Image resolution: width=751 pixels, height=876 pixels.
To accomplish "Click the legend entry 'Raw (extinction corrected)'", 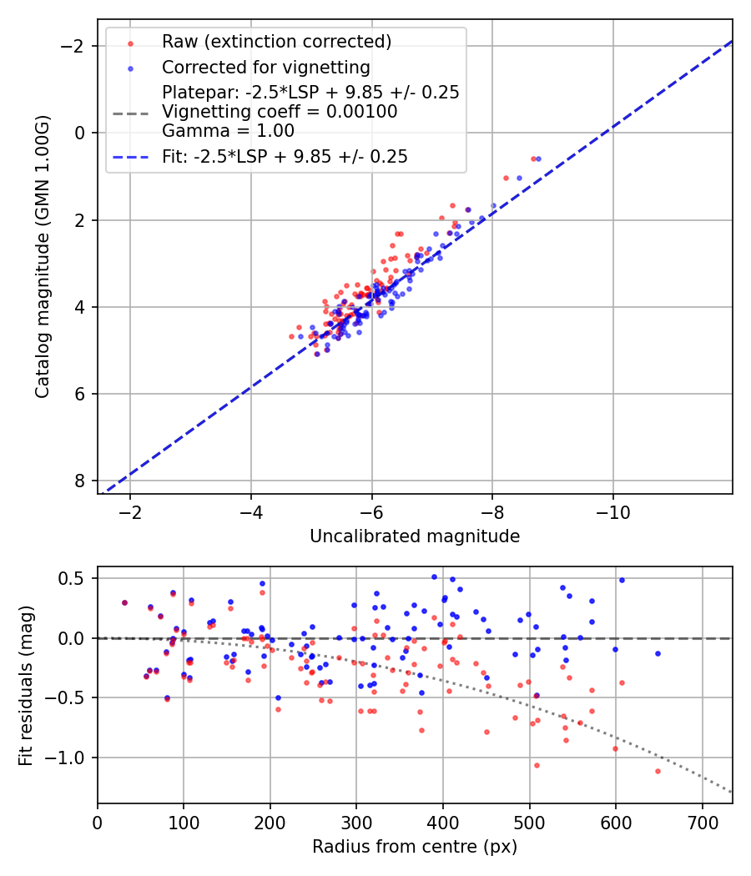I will [277, 41].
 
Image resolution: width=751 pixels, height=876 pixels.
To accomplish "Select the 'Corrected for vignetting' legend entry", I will [266, 67].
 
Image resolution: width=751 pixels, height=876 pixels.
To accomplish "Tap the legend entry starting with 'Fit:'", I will [285, 156].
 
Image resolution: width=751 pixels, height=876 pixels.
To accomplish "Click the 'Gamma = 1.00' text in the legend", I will [228, 130].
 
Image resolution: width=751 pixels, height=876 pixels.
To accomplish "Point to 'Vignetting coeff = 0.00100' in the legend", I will [280, 111].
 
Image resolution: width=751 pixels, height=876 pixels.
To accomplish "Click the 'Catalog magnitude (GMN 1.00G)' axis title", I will [43, 256].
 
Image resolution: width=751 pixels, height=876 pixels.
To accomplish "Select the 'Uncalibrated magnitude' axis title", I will [415, 536].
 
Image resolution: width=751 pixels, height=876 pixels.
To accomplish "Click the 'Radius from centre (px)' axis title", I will [415, 847].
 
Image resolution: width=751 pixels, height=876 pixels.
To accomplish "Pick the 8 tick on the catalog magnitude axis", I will [79, 481].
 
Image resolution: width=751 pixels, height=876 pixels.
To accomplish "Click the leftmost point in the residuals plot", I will [124, 602].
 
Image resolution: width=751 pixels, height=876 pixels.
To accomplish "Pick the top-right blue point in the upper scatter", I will [538, 159].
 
